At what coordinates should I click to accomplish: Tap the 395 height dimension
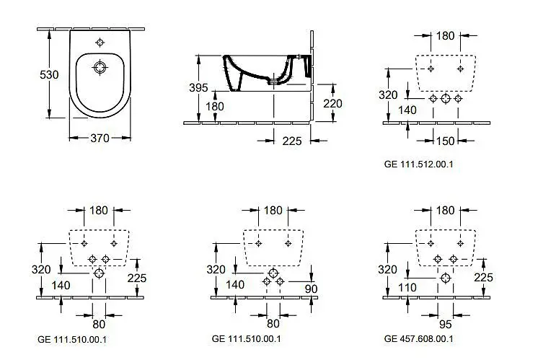tap(198, 88)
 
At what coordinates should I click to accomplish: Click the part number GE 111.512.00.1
tap(418, 164)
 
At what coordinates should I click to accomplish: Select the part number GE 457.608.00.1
tap(418, 338)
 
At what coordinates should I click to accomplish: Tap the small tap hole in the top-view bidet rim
tap(100, 41)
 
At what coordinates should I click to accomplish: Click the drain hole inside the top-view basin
tap(100, 69)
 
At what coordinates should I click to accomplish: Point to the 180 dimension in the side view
tap(216, 106)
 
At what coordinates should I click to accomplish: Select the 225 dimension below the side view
tap(291, 141)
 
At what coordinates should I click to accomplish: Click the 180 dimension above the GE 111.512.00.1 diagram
tap(445, 35)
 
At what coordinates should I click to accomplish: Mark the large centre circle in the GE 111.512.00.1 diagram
tap(445, 98)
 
